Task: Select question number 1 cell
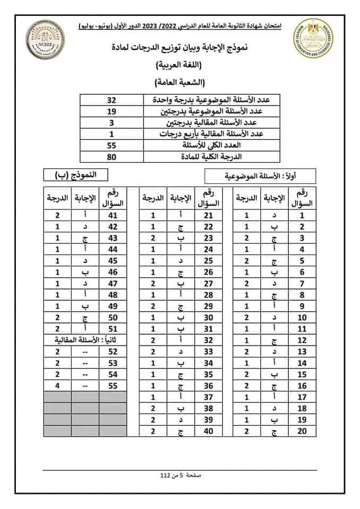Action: (302, 216)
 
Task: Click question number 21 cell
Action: (208, 216)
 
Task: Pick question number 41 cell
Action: (112, 216)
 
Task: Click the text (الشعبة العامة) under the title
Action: (180, 83)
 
